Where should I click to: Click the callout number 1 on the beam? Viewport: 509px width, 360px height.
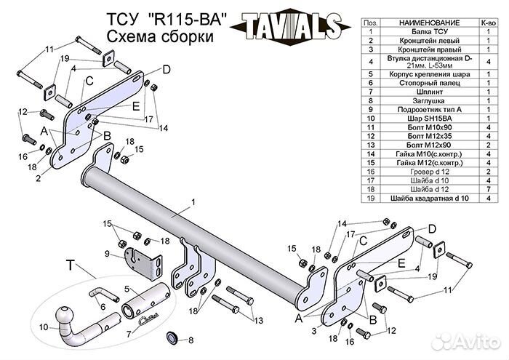193,201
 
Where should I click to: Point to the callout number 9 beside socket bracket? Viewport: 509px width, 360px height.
106,254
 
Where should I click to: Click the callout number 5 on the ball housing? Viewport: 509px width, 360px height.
127,289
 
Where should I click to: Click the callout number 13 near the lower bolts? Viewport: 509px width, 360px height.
258,320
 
